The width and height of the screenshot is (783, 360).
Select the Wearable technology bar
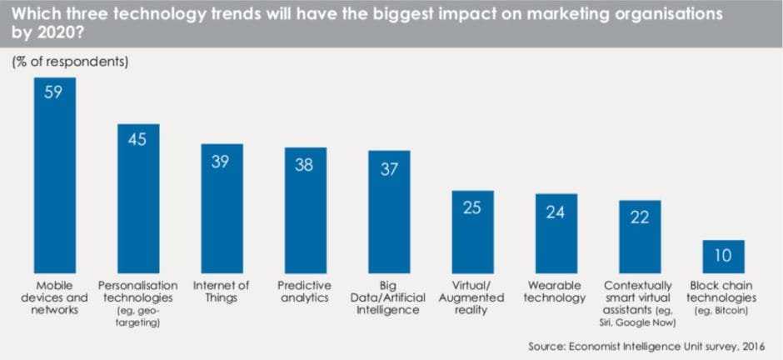pos(556,229)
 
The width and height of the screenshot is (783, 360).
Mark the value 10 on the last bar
pos(723,255)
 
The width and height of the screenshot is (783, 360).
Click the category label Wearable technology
pos(556,291)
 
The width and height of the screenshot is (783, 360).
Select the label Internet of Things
pos(222,291)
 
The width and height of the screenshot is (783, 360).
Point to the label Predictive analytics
pos(306,291)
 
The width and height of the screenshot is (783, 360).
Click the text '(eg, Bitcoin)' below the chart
pos(723,310)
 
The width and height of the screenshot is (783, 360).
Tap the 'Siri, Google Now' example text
pos(639,322)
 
